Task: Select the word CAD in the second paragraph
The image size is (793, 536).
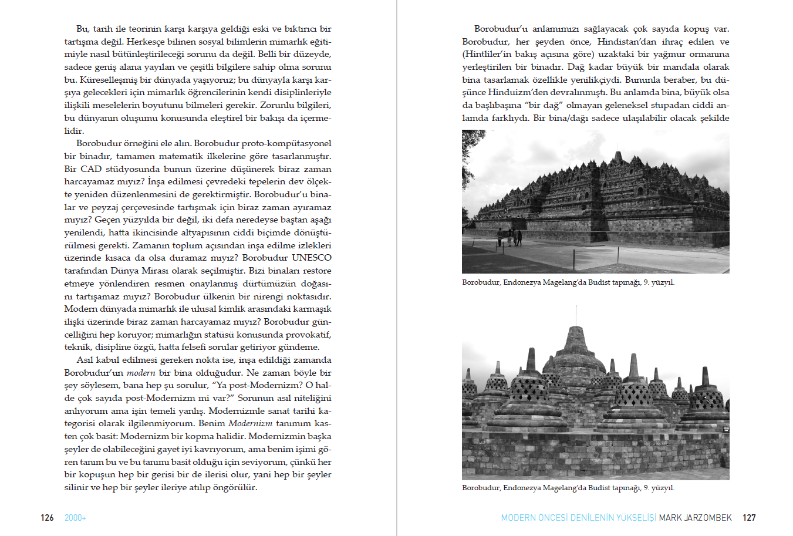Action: point(91,169)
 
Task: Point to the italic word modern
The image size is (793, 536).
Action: point(141,373)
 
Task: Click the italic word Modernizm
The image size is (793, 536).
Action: point(250,423)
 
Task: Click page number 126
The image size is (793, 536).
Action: point(47,518)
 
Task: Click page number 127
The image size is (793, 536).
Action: point(749,518)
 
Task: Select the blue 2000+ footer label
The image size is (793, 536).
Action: point(75,518)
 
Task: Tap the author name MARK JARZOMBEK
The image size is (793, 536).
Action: point(695,518)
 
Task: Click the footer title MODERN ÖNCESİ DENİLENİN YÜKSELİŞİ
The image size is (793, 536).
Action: point(578,518)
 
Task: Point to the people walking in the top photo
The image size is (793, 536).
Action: point(509,237)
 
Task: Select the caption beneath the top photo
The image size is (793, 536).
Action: point(568,282)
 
